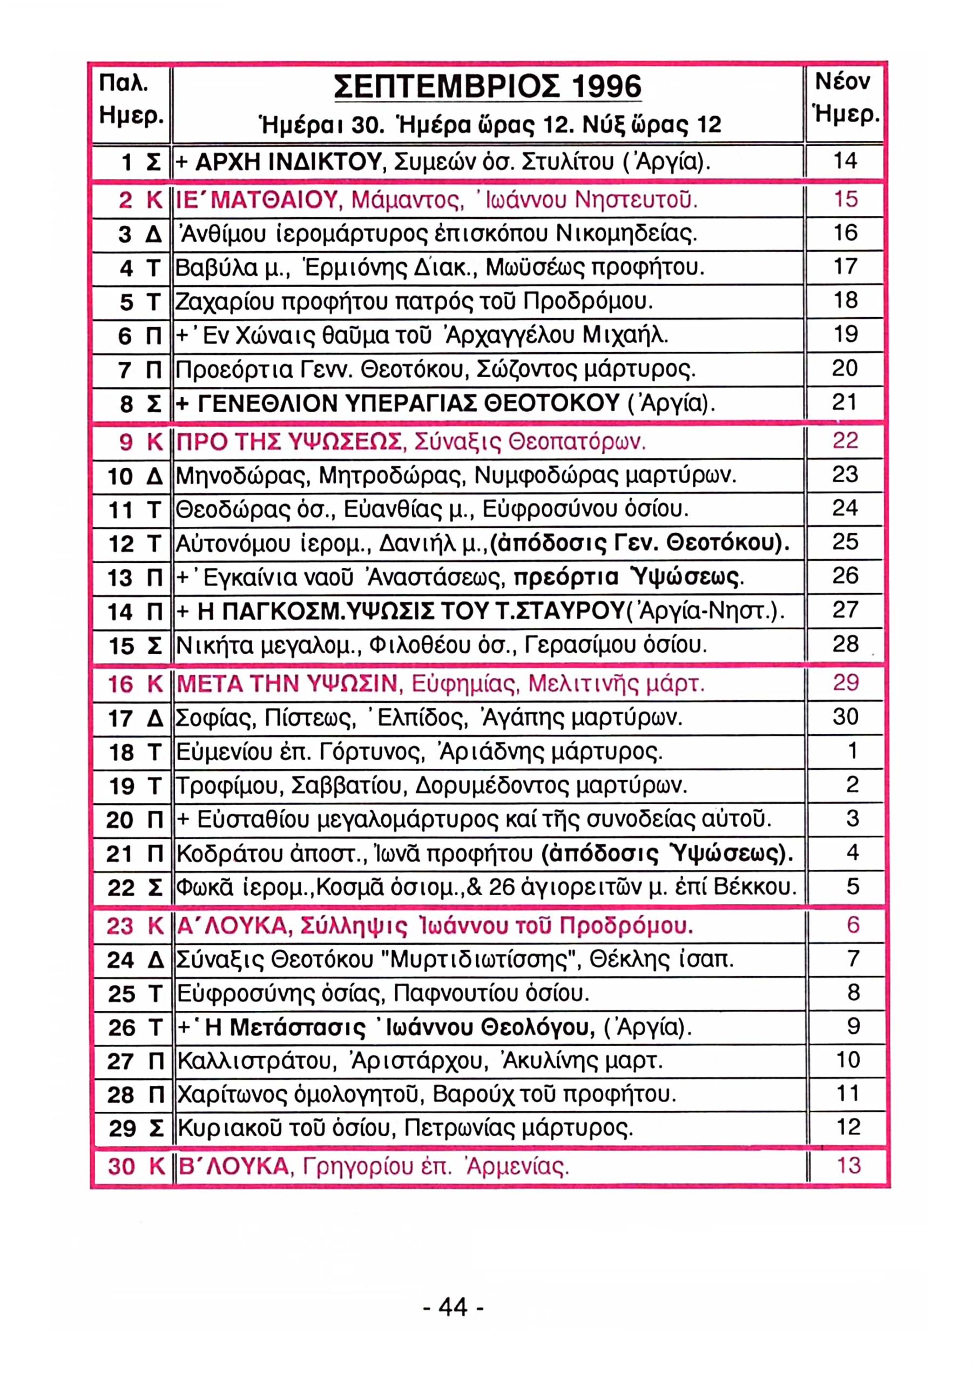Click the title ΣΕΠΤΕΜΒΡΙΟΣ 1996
pos(487,88)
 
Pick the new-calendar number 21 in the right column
pos(845,402)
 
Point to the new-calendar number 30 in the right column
pos(845,716)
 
